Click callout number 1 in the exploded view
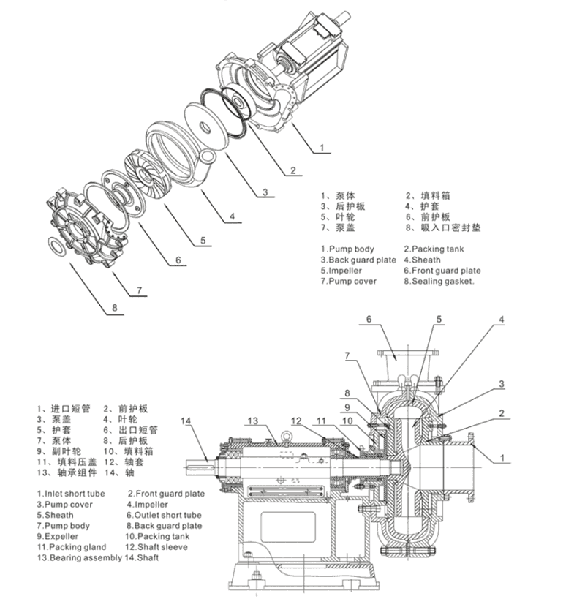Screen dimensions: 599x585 (x=322, y=147)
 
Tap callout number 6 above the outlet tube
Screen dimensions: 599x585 (x=369, y=319)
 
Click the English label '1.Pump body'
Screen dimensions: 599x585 (x=348, y=249)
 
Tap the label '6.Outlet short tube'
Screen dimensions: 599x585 (x=164, y=515)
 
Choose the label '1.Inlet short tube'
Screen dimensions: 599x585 (x=71, y=494)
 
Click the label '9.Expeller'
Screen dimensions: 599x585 (x=59, y=536)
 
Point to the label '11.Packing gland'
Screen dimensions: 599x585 (x=71, y=547)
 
